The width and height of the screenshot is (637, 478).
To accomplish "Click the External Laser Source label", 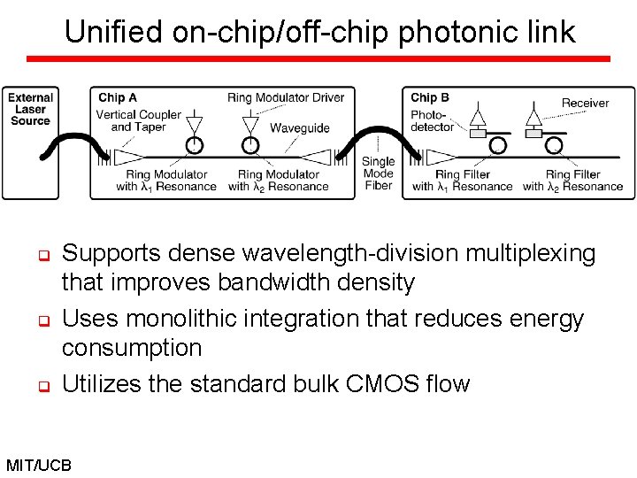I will click(30, 109).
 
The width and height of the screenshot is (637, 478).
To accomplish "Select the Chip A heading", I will click(117, 97).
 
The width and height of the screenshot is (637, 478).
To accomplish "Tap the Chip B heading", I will click(429, 97).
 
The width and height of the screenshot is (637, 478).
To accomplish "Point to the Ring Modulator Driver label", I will click(285, 97).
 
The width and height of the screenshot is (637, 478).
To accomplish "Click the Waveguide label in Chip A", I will click(299, 128).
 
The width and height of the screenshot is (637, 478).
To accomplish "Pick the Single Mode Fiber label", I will click(379, 173).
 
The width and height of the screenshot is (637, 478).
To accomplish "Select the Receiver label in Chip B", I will click(585, 104).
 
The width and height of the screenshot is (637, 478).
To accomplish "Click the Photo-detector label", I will click(432, 120).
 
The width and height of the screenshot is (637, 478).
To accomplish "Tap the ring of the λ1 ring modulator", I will click(194, 144).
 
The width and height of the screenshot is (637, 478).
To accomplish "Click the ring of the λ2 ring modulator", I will click(251, 144).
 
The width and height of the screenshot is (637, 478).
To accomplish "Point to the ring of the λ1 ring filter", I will click(498, 144).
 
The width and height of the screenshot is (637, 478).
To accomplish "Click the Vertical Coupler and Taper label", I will click(138, 120).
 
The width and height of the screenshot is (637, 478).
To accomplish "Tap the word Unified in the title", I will click(113, 33).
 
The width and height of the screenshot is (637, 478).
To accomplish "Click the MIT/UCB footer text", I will click(39, 464).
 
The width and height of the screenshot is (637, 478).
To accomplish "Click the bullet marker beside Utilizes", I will click(41, 387).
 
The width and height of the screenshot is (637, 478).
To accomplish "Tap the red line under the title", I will click(318, 58).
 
